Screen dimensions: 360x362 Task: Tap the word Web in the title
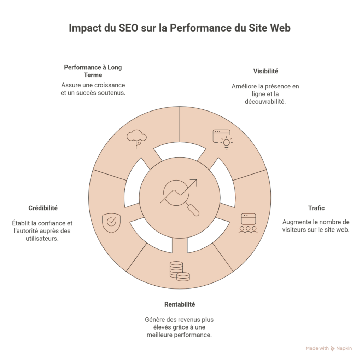tap(280, 28)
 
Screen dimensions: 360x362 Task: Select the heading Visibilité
tap(265, 71)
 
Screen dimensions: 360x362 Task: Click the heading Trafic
tap(316, 208)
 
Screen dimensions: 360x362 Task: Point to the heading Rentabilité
tap(180, 304)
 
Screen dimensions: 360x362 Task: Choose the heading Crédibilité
tap(43, 208)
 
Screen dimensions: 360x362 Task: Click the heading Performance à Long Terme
tap(93, 71)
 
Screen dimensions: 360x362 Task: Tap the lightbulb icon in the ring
tap(225, 143)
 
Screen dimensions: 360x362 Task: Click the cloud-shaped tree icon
tap(136, 138)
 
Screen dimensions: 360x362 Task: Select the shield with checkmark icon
tap(111, 222)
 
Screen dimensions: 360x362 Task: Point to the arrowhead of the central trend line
tap(193, 182)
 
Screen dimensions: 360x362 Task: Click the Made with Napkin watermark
tap(329, 348)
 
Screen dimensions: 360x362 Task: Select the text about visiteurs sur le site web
tap(316, 226)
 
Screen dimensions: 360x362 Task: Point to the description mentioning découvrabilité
tap(265, 93)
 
